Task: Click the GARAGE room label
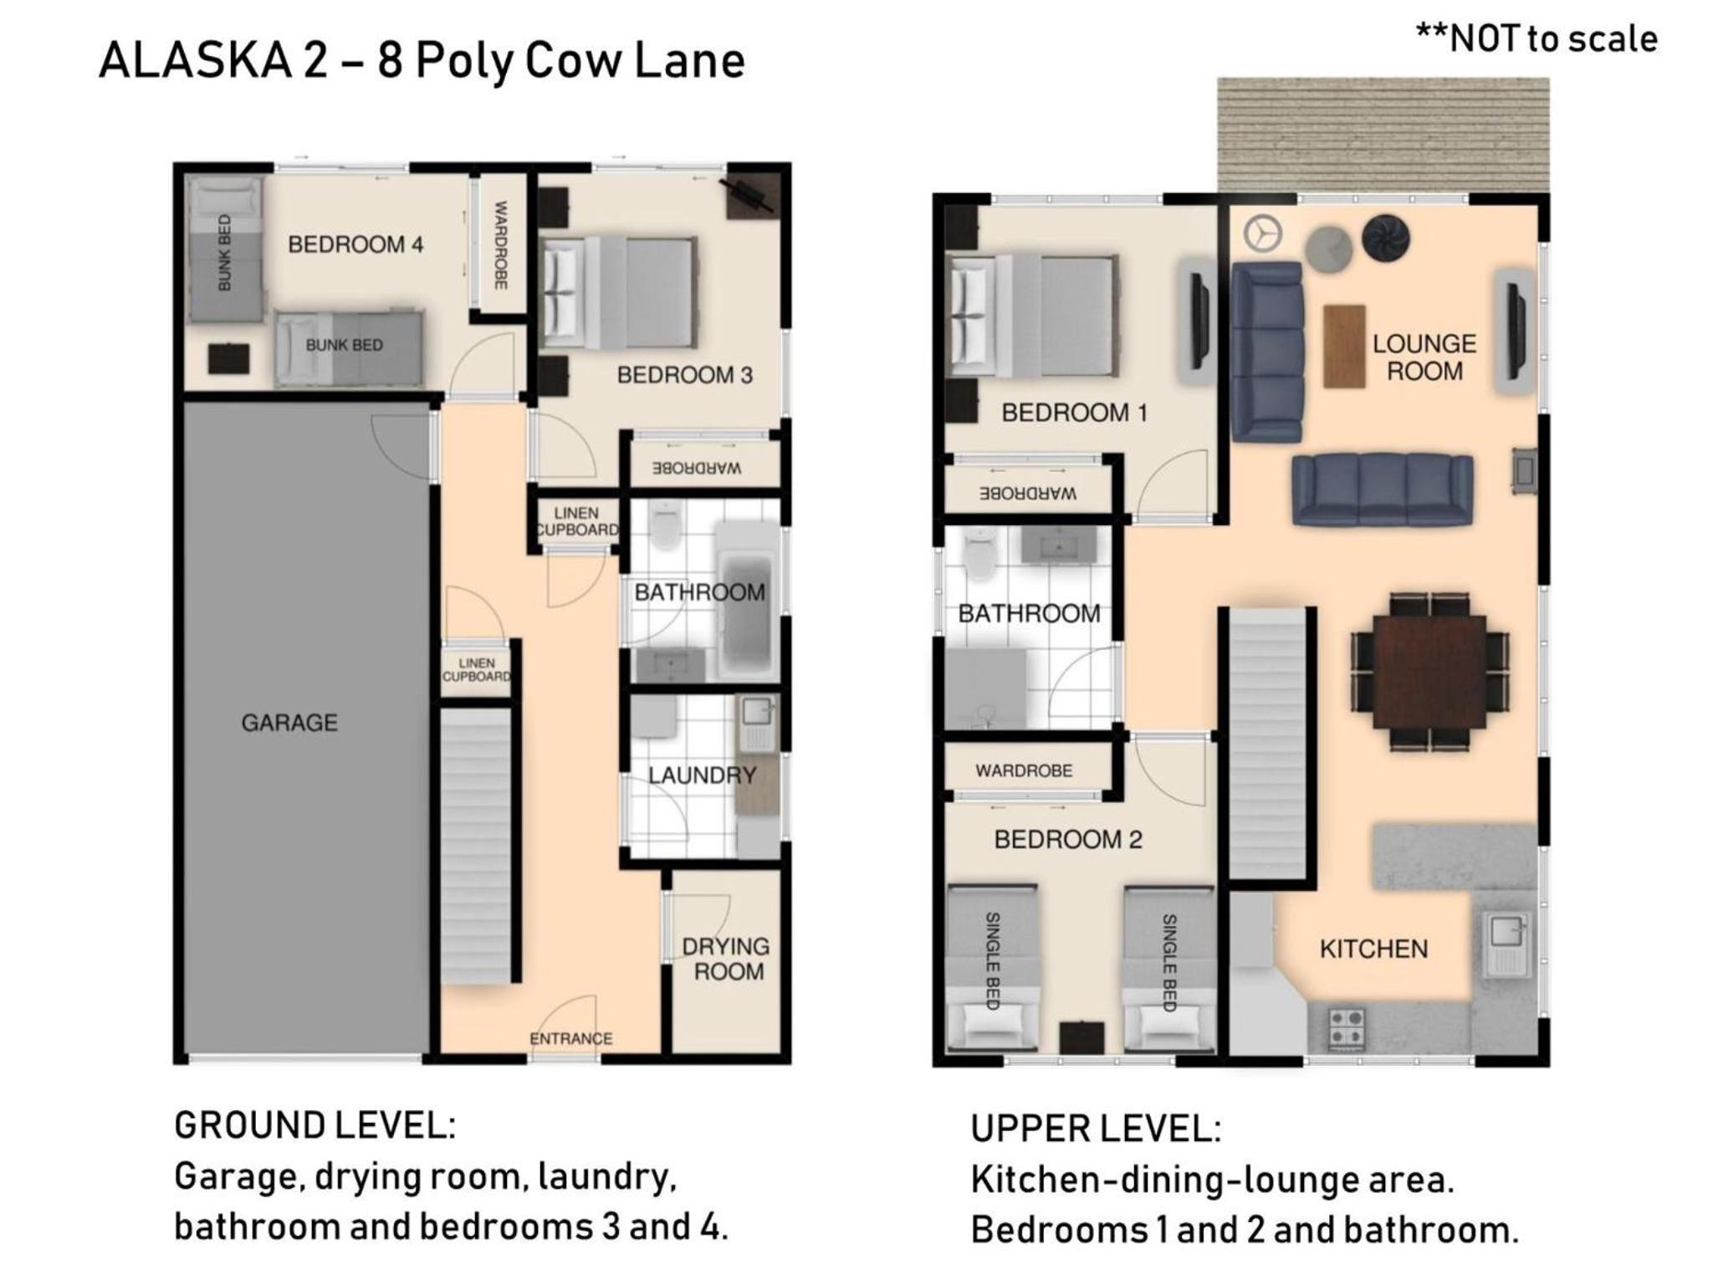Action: (289, 722)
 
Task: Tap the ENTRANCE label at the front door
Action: (570, 1038)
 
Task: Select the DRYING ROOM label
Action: (726, 959)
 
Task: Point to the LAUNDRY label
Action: (702, 775)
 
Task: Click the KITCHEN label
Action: (1373, 949)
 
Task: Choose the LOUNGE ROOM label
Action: (1424, 357)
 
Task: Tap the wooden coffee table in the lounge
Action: (1344, 346)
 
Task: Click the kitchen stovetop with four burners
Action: (1347, 1029)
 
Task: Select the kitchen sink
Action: (1507, 945)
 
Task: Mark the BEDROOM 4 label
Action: (355, 244)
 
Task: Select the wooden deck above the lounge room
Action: (1383, 135)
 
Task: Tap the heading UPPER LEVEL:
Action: (1096, 1129)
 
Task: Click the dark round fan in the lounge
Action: (1385, 238)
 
